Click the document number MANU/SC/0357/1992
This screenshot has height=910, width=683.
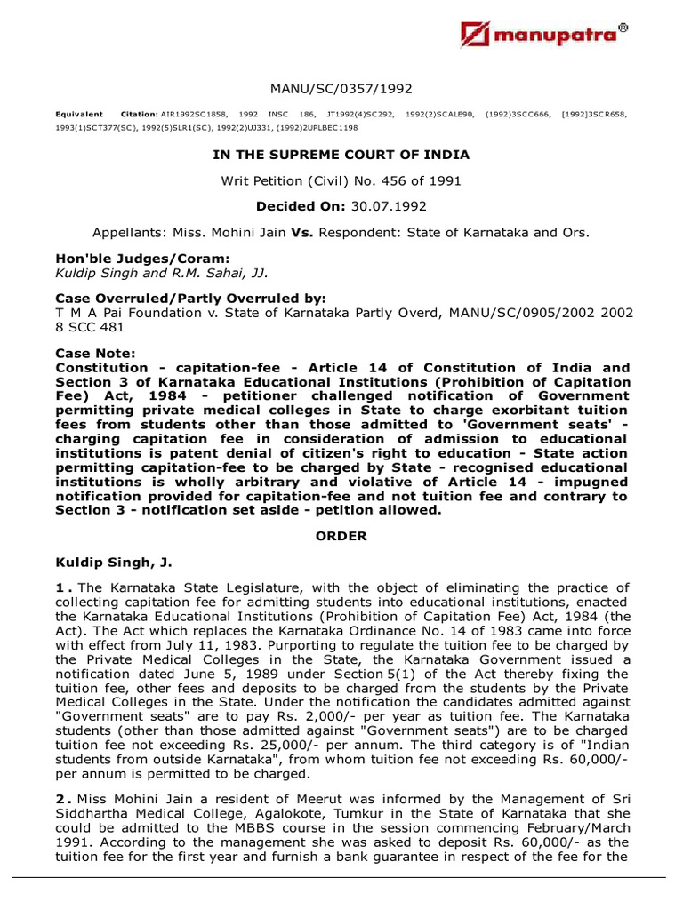pos(341,89)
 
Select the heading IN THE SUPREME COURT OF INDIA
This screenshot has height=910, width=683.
pos(341,155)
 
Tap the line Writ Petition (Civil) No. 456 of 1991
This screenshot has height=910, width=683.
pos(341,180)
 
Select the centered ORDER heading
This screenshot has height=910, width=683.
pos(341,536)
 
